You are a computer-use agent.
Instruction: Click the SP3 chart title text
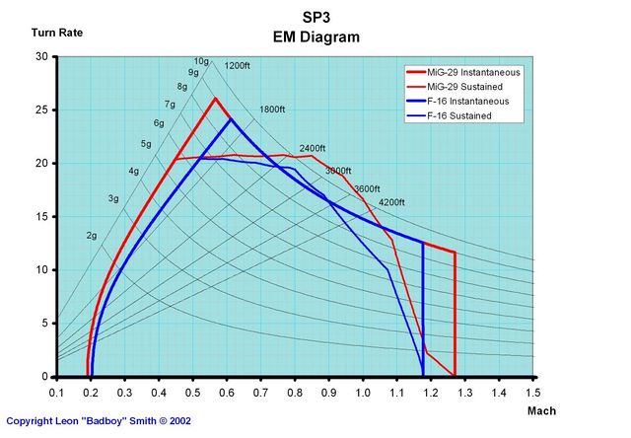[x=316, y=18]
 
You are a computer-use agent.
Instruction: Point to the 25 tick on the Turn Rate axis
[x=41, y=109]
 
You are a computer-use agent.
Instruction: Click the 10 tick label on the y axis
[x=41, y=269]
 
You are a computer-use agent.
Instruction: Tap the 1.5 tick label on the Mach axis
[x=533, y=392]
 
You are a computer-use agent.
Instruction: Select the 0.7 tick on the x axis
[x=260, y=392]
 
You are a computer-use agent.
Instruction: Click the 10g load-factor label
[x=201, y=61]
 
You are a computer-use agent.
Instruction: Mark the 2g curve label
[x=92, y=236]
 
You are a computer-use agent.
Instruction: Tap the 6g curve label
[x=159, y=123]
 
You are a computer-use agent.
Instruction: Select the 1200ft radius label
[x=238, y=66]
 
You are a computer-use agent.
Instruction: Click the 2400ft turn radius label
[x=313, y=149]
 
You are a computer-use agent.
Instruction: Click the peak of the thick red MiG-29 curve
[x=215, y=98]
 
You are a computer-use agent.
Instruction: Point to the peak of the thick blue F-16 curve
[x=231, y=119]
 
